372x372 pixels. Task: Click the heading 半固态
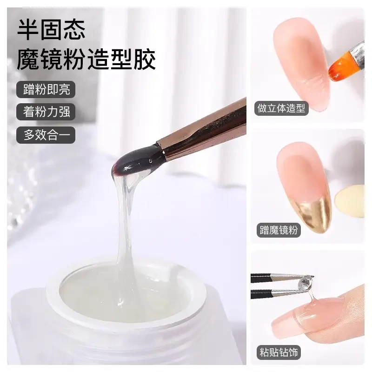[51, 29]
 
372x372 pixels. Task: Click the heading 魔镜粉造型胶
[86, 60]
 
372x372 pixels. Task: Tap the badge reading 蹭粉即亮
[46, 89]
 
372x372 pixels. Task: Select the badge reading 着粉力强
[46, 112]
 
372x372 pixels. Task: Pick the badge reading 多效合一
[46, 135]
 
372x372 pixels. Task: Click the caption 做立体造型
[281, 109]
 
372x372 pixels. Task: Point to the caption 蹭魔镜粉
[279, 230]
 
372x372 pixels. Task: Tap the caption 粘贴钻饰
[279, 352]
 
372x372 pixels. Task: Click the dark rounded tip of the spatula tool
[135, 161]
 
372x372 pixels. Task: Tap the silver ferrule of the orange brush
[357, 54]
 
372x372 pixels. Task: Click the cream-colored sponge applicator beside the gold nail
[350, 202]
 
